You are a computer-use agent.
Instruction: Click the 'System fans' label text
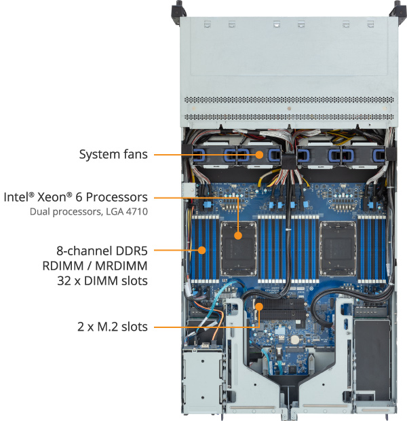coord(113,154)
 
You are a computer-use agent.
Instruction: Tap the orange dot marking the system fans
coord(259,155)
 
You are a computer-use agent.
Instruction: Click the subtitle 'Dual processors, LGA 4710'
coord(89,212)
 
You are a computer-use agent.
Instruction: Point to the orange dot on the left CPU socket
coord(238,236)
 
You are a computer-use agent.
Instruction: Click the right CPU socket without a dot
coord(338,249)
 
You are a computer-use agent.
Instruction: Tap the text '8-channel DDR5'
coord(102,251)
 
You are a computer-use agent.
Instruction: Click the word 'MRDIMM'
coord(121,266)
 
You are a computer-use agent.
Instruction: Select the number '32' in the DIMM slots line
coord(64,281)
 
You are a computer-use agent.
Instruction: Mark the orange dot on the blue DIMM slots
coord(201,251)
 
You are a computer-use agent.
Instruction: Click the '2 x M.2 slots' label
coord(113,327)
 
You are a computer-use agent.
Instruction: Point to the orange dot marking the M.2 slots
coord(259,306)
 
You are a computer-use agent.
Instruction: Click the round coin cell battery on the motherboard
coord(295,340)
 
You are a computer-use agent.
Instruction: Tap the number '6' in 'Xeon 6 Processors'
coord(79,197)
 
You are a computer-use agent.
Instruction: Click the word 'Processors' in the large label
coord(117,197)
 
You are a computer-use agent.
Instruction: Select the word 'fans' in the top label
coord(136,154)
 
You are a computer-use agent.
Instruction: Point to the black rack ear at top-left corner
coord(179,12)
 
